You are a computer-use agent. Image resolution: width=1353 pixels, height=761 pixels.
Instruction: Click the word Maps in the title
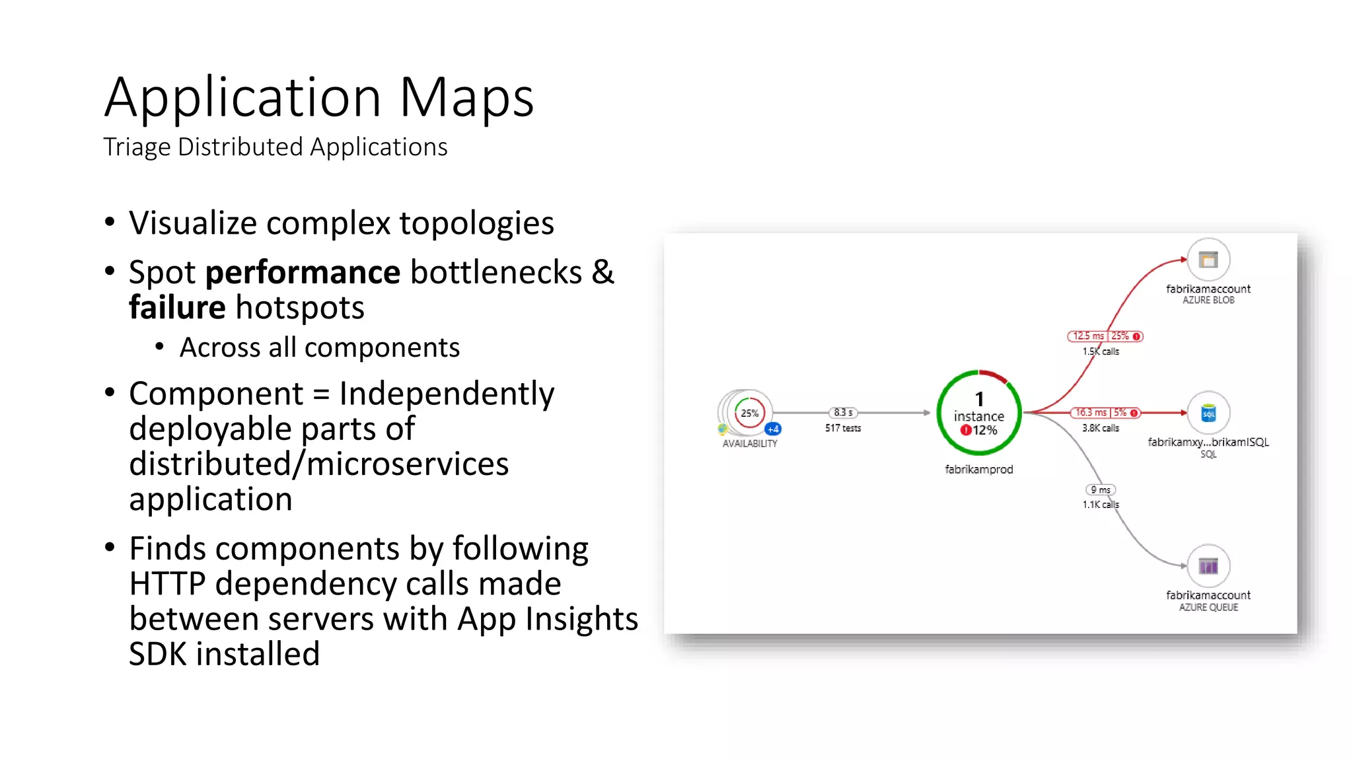click(x=466, y=98)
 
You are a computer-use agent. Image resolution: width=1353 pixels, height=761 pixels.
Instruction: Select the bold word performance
click(x=303, y=272)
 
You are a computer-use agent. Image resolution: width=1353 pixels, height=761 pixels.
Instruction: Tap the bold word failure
click(x=177, y=308)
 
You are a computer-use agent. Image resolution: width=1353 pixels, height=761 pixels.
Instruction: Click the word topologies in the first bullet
click(x=476, y=223)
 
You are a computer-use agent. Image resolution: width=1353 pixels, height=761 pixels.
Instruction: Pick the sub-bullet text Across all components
click(x=319, y=347)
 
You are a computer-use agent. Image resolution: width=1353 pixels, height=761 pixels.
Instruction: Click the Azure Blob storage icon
click(x=1208, y=260)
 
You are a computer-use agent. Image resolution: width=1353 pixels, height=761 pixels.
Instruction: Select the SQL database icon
click(x=1208, y=414)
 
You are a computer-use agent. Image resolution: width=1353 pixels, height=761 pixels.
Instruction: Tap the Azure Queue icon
click(x=1208, y=566)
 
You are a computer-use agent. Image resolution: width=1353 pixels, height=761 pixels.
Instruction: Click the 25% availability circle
click(x=749, y=414)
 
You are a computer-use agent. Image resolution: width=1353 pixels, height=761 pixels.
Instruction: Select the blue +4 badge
click(x=773, y=429)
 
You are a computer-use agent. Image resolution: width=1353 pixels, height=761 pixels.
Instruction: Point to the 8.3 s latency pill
click(x=843, y=413)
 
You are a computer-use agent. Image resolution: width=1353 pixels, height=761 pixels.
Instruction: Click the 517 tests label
click(x=843, y=428)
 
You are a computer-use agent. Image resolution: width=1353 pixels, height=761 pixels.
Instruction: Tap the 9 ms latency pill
click(x=1100, y=490)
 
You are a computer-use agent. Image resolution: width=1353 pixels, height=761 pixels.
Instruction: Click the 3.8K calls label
click(x=1101, y=428)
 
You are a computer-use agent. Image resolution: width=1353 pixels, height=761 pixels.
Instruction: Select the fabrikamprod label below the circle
click(x=978, y=470)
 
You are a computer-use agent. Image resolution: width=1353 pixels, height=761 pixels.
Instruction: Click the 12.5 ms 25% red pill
click(x=1105, y=336)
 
